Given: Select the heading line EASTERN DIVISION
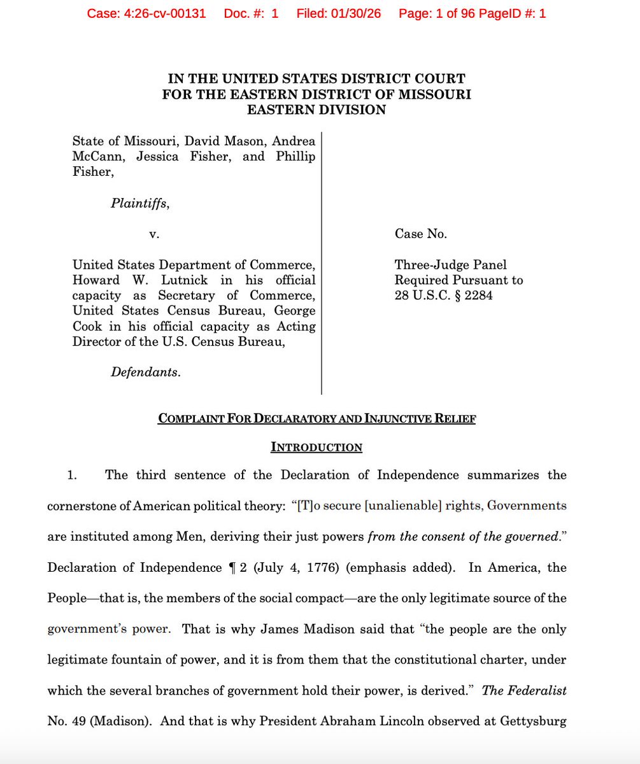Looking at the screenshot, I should (316, 110).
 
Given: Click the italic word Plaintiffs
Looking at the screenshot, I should (140, 204).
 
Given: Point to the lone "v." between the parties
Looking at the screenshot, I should (153, 234).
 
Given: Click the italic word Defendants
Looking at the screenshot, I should (145, 372).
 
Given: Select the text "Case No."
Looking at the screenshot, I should (421, 234).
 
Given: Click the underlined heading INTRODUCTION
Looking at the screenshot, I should (316, 447).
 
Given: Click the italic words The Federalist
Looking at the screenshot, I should (524, 690).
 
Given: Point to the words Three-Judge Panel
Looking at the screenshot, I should (451, 265).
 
